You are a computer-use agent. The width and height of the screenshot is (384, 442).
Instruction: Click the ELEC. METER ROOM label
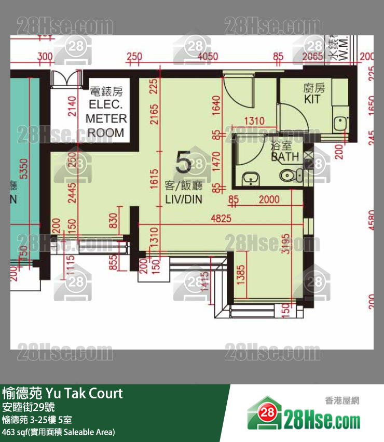click(106, 112)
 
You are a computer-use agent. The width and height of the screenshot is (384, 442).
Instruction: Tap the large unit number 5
click(184, 162)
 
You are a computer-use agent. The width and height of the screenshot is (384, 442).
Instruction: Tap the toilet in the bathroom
click(289, 175)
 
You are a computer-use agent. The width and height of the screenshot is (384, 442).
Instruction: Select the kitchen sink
click(340, 123)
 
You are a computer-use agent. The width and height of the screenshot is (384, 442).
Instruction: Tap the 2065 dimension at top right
click(312, 56)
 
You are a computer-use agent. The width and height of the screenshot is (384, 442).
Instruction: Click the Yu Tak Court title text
click(63, 393)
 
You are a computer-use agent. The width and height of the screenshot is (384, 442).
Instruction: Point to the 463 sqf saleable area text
click(58, 432)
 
